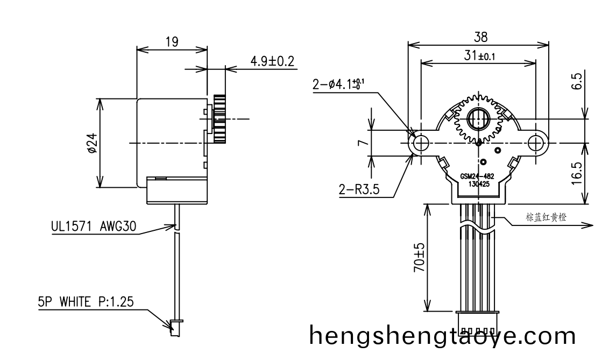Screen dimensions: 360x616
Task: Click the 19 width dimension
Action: (x=172, y=42)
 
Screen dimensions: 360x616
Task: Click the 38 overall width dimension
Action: (x=480, y=37)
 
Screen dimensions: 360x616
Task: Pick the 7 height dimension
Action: (x=363, y=143)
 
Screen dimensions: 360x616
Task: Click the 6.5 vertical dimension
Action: (x=576, y=82)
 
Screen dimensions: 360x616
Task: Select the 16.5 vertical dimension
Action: (x=576, y=173)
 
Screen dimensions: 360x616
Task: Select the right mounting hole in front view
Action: (x=536, y=143)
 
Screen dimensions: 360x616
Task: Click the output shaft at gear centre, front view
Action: (x=478, y=118)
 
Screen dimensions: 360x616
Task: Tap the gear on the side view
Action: (x=220, y=118)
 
